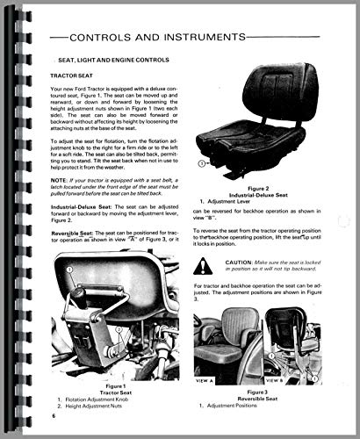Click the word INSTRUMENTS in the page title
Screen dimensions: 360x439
click(228, 38)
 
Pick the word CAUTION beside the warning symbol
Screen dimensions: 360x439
click(245, 263)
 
